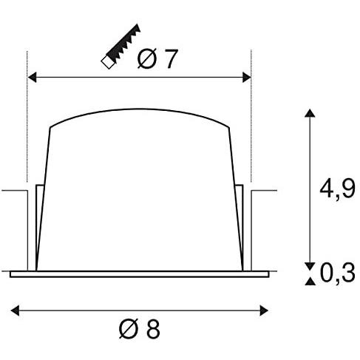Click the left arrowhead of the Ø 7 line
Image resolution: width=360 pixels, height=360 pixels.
[x=31, y=76]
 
